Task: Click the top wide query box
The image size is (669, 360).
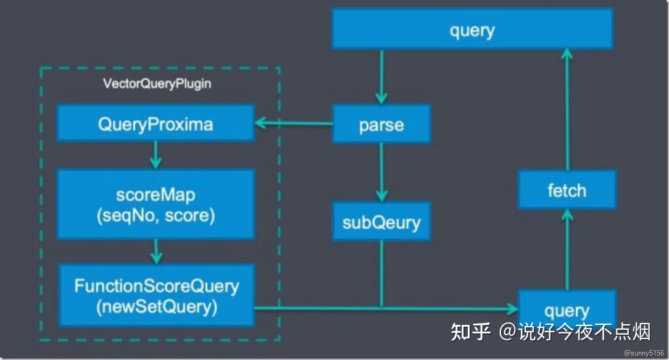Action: point(472,28)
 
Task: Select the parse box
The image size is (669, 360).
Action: point(381,124)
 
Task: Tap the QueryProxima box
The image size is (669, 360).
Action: point(155,123)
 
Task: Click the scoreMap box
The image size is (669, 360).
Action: point(155,204)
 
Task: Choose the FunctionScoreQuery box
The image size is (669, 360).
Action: point(155,295)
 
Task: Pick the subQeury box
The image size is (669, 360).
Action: point(381,221)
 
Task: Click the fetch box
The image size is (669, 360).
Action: point(567,190)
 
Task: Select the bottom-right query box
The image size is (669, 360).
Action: point(567,310)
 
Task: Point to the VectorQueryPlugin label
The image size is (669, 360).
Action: point(156,83)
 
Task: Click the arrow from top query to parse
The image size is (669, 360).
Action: point(381,77)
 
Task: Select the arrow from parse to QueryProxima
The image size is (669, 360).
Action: point(293,123)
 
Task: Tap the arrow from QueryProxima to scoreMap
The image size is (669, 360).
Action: point(156,155)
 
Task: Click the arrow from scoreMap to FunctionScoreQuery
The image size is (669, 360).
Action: point(156,251)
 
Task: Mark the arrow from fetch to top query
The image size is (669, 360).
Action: point(567,109)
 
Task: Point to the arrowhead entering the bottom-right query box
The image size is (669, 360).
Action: point(512,307)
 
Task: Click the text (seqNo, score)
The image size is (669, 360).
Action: point(155,216)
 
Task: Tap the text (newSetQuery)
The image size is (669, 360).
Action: point(155,307)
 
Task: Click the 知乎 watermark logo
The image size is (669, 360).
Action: point(470,332)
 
